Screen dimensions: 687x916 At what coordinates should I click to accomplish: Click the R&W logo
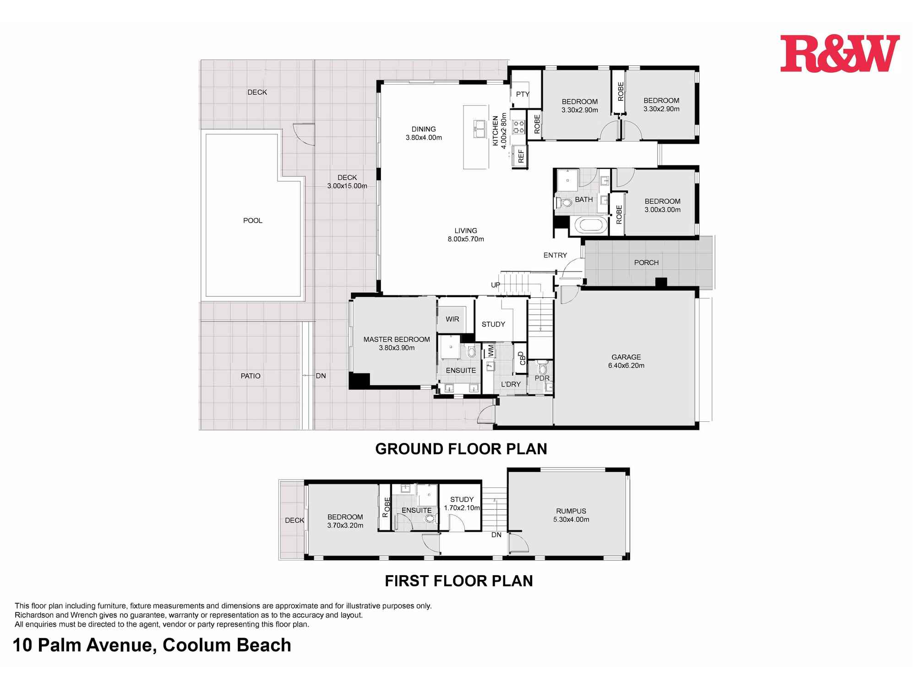coord(840,54)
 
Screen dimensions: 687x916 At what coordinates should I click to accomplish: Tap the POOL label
coord(252,221)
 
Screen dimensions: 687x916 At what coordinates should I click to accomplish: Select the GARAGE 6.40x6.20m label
coord(626,361)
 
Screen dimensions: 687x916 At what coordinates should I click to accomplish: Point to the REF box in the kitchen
coord(520,156)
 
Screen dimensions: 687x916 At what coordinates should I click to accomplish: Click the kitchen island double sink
coord(479,128)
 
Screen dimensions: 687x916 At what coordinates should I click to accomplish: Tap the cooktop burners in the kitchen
coord(518,127)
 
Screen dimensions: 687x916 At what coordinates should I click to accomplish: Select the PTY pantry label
coord(522,94)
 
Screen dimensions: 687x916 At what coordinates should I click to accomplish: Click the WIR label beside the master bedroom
coord(452,319)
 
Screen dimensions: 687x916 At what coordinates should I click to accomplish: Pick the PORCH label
coord(646,263)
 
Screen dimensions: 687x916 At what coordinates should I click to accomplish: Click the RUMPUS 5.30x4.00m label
coord(571,515)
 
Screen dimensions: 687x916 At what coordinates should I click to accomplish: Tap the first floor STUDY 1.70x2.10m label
coord(462,504)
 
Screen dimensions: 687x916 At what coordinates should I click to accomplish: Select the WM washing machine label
coord(491,351)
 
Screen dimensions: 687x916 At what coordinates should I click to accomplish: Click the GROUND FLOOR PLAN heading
coord(461,449)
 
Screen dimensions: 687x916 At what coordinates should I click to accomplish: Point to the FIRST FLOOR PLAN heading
coord(458,581)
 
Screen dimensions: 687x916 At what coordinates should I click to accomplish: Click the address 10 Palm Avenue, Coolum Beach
coord(152,645)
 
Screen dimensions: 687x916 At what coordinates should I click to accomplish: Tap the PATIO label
coord(250,376)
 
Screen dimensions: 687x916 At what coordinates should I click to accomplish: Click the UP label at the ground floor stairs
coord(496,285)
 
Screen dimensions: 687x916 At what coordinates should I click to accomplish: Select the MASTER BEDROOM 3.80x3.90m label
coord(397,343)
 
